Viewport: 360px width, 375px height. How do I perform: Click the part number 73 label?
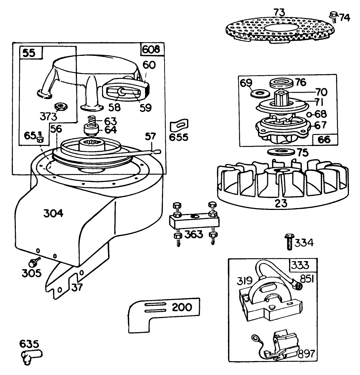[279, 12]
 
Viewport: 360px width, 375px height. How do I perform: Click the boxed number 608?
[151, 49]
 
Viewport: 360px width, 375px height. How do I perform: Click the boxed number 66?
[324, 139]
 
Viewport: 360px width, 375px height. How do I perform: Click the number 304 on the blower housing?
[53, 213]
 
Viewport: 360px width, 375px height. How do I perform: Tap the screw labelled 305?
[34, 262]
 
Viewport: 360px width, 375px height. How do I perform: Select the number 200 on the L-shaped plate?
[182, 307]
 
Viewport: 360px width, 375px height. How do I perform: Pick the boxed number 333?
[300, 265]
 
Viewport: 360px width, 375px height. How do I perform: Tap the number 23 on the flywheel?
[281, 204]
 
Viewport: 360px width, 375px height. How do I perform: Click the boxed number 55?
[29, 53]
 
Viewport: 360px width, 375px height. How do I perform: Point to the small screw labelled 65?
[40, 138]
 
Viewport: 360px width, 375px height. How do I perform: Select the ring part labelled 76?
[282, 83]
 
